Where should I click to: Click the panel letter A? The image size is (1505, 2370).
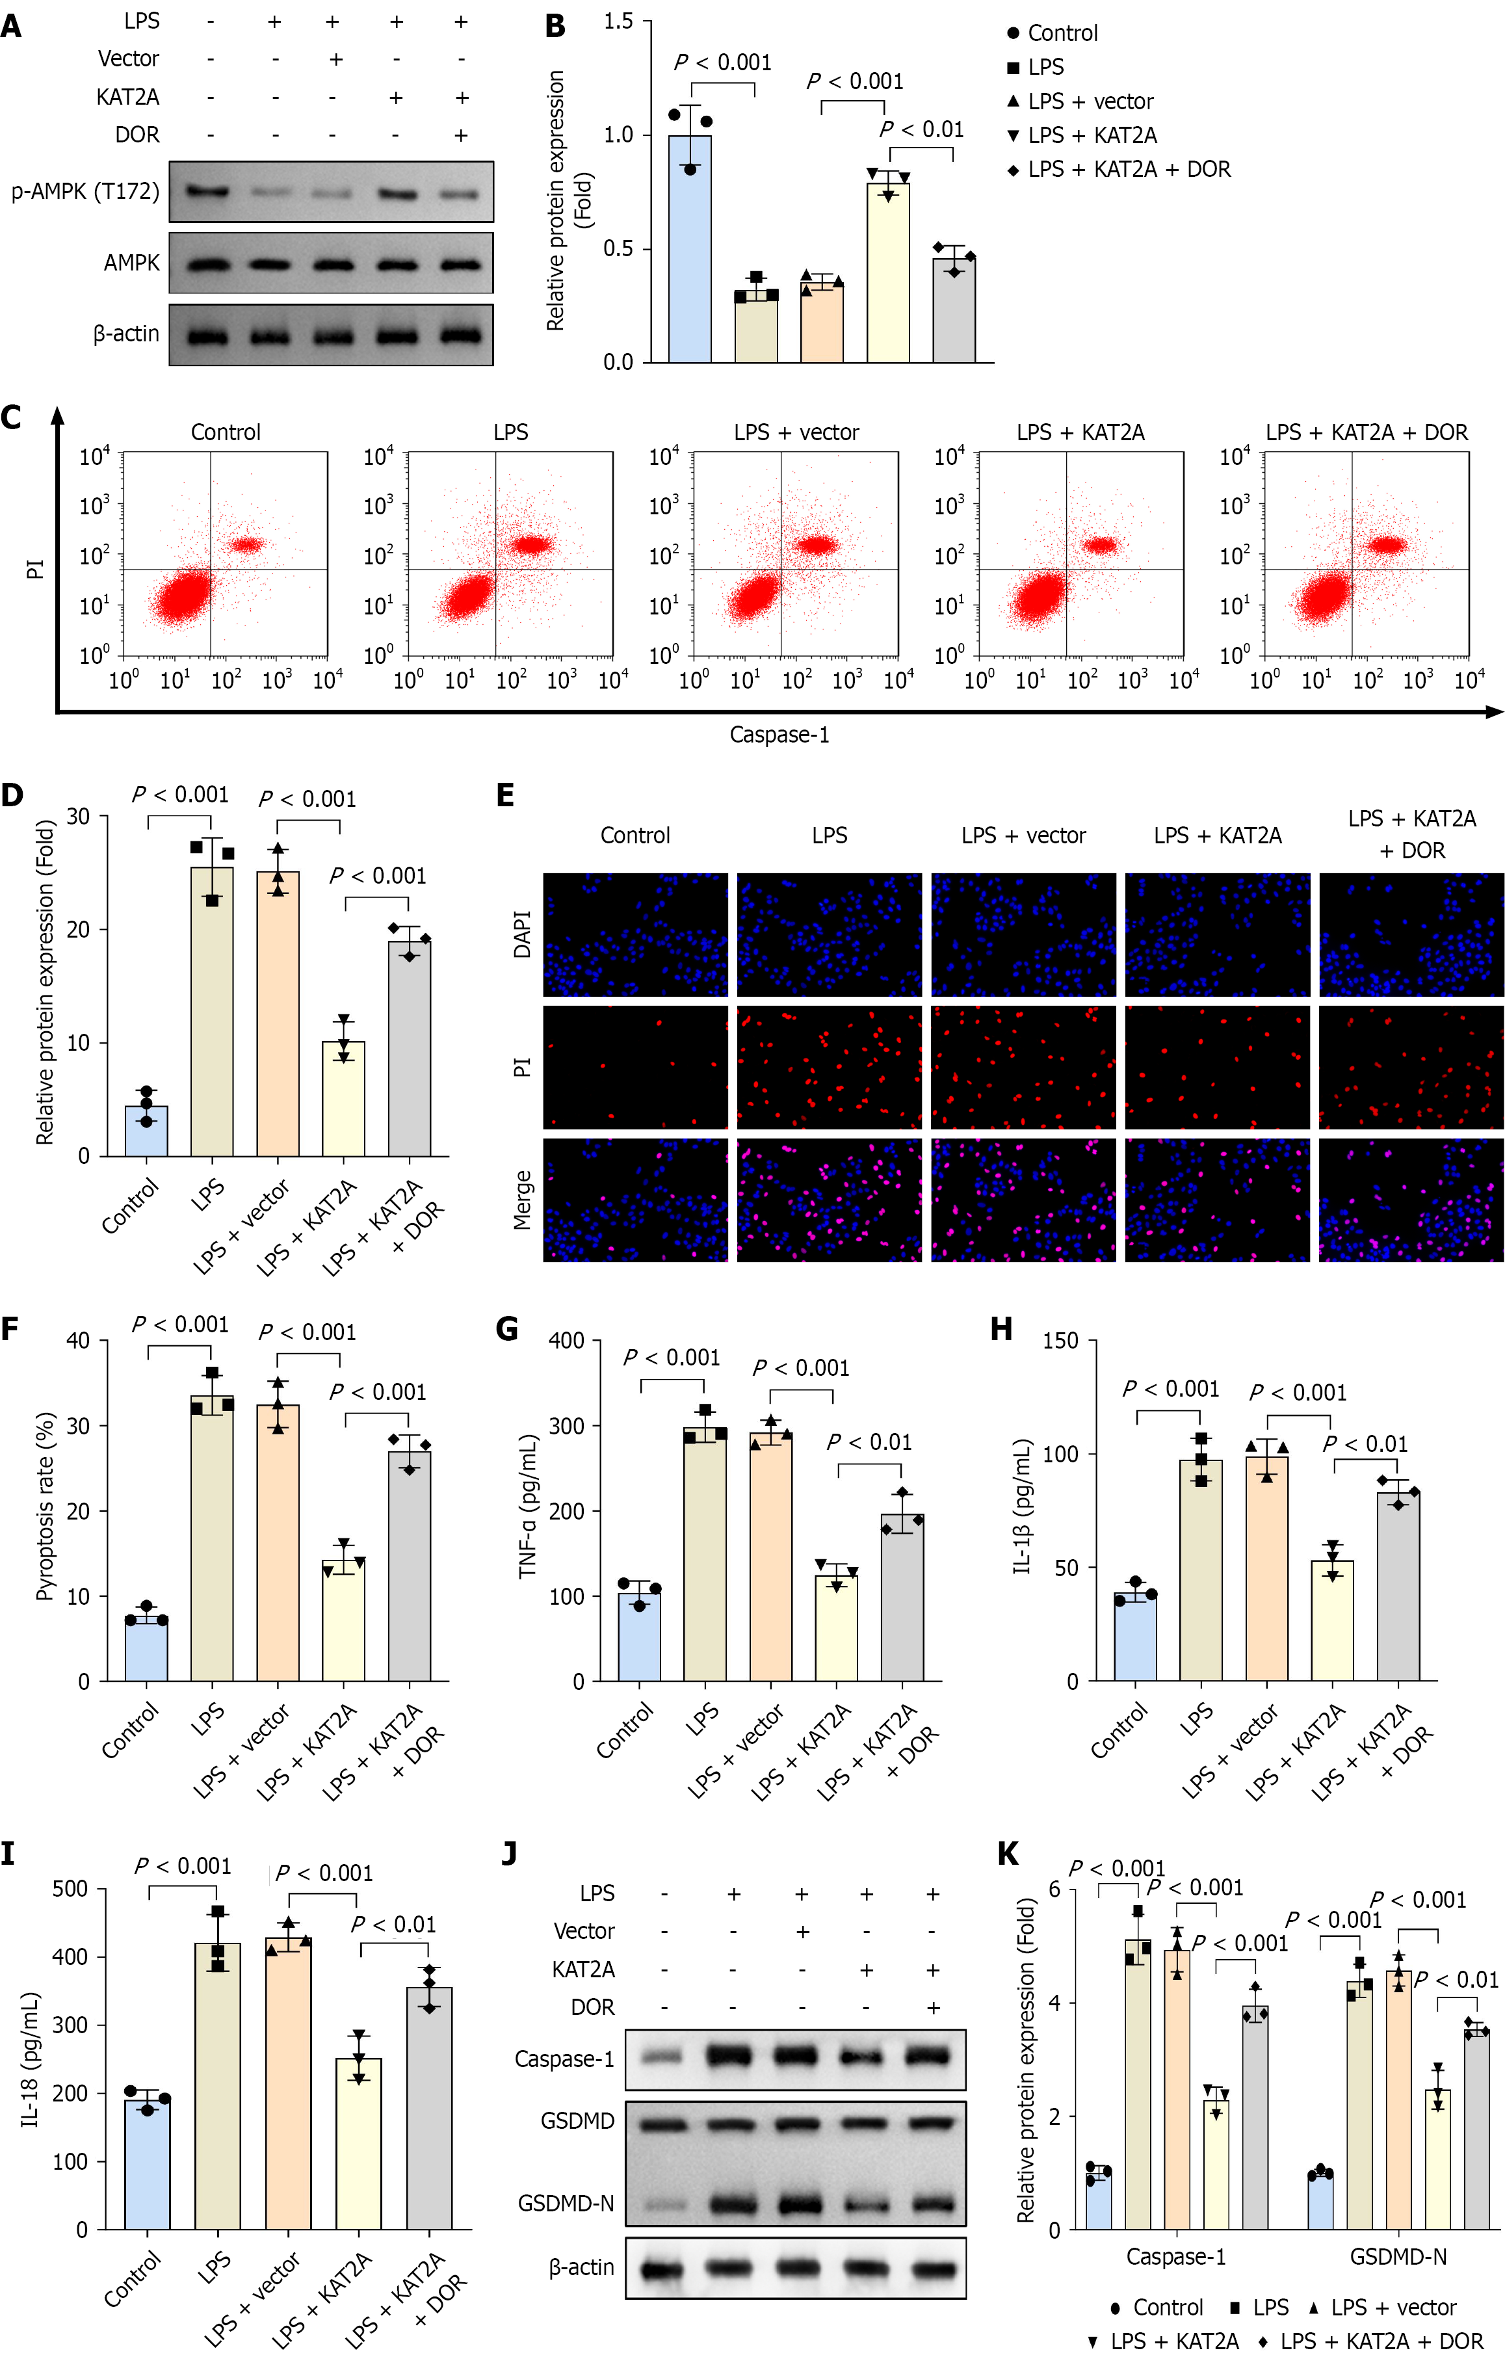click(x=12, y=25)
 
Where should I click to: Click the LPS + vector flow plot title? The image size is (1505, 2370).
click(x=796, y=432)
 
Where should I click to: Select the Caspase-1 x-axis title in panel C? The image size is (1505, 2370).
click(x=779, y=734)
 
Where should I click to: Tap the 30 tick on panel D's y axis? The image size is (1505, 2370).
click(x=78, y=816)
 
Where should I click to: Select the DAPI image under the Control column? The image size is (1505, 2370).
click(x=636, y=935)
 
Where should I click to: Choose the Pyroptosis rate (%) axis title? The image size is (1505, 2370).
click(x=44, y=1507)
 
